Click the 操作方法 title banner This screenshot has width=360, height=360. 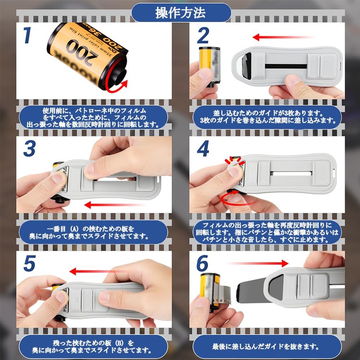181,13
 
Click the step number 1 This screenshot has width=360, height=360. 27,35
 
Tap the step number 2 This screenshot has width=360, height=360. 203,35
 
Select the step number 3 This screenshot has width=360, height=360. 29,148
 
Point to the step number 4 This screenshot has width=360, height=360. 203,148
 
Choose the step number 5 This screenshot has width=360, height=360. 29,263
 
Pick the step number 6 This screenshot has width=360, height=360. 202,263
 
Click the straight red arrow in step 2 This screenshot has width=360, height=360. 283,37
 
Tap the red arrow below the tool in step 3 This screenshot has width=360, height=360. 114,205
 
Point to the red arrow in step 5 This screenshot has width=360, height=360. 99,272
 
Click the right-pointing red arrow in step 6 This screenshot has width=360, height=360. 258,263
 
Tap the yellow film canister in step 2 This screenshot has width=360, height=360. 209,67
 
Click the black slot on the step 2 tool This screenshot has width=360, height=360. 286,66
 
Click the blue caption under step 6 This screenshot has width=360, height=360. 267,346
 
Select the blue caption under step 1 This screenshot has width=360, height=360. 94,117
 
